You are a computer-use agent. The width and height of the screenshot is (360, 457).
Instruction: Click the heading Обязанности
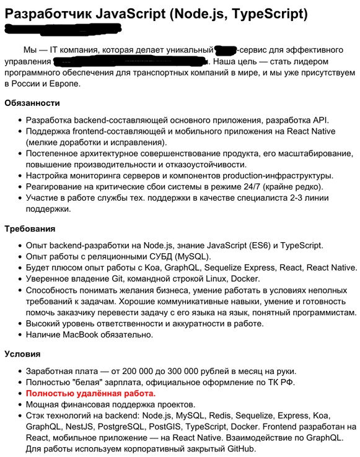pyautogui.click(x=32, y=103)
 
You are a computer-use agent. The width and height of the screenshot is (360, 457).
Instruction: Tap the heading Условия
pyautogui.click(x=22, y=354)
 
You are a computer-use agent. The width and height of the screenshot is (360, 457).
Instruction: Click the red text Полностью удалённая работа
pyautogui.click(x=90, y=393)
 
